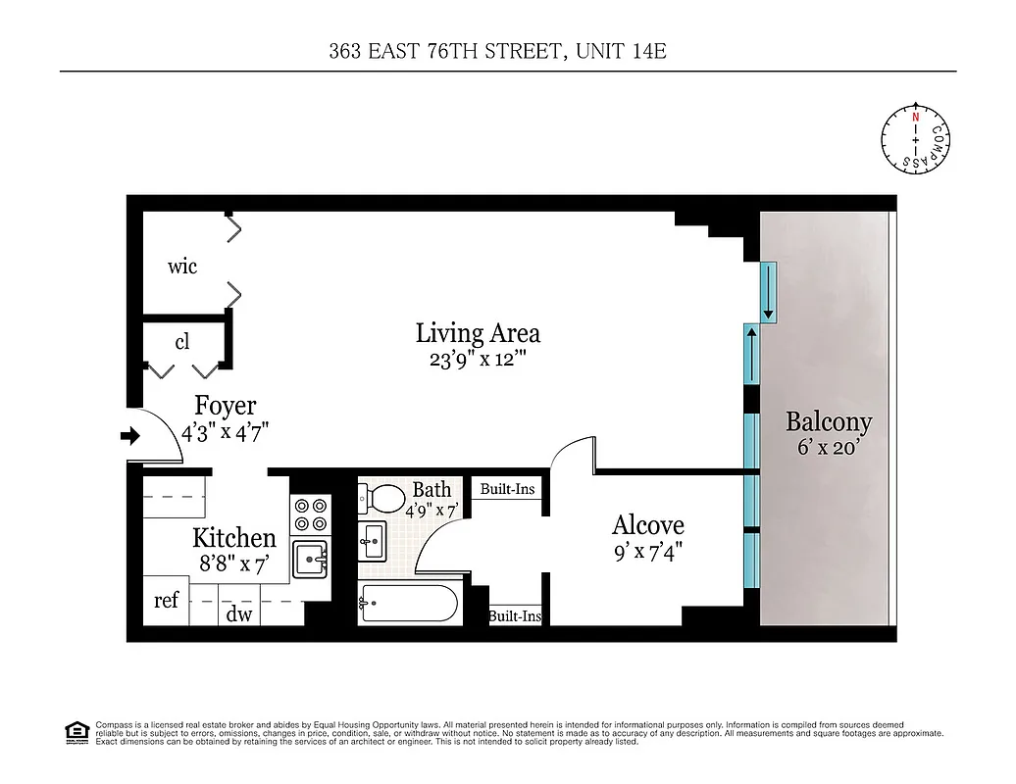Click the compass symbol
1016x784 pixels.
click(x=916, y=140)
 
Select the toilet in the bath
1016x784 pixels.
click(x=385, y=499)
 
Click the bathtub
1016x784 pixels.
click(x=408, y=603)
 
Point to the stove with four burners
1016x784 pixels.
click(x=312, y=515)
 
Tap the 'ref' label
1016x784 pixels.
click(x=166, y=600)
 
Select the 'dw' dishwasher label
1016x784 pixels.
click(x=239, y=614)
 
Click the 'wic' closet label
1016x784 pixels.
click(x=182, y=266)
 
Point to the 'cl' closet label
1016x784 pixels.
click(x=182, y=342)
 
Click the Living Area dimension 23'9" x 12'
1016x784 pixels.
click(x=478, y=359)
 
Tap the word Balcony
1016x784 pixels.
click(x=829, y=422)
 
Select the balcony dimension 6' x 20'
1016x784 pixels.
click(x=829, y=450)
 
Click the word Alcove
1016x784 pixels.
click(x=647, y=524)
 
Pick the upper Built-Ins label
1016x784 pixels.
click(x=507, y=488)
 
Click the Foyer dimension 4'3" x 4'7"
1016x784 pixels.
click(x=225, y=430)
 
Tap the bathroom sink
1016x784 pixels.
click(x=373, y=540)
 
